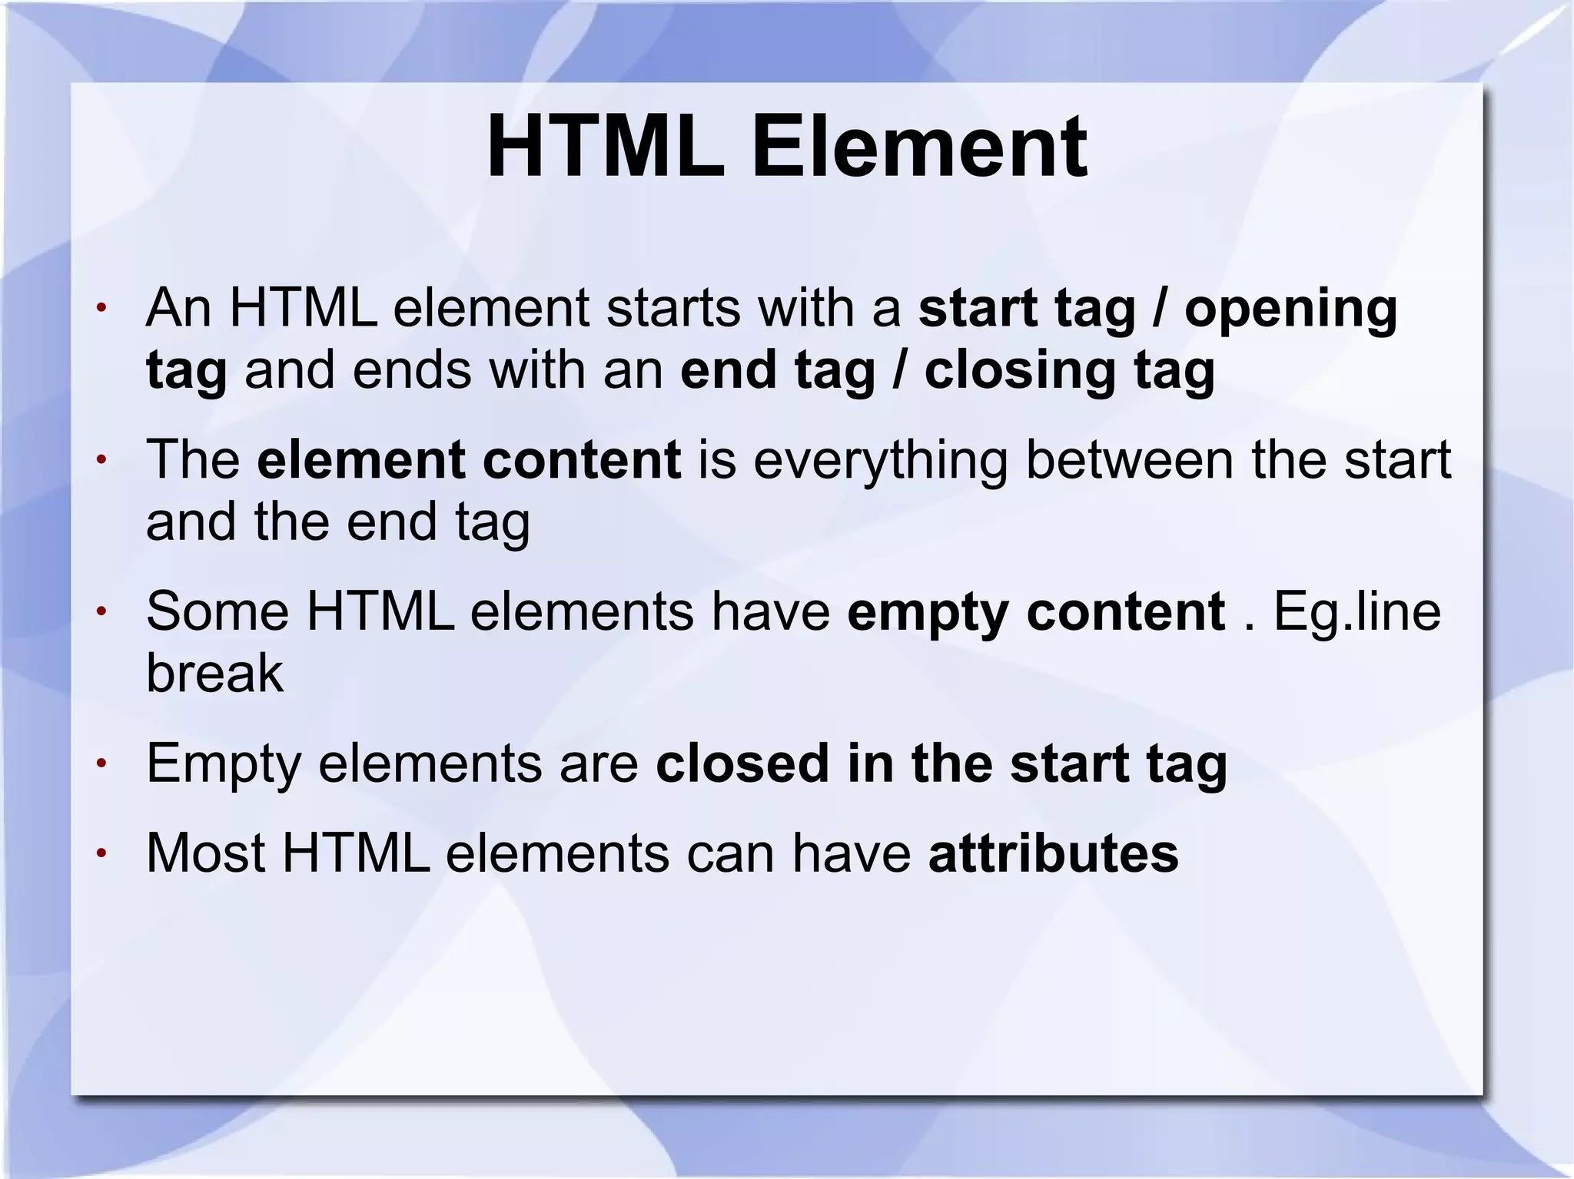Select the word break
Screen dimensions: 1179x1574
click(x=214, y=673)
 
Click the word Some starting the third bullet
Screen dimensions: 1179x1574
click(x=218, y=611)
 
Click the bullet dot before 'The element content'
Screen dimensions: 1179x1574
click(x=100, y=461)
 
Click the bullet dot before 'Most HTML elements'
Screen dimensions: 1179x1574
click(x=100, y=854)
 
